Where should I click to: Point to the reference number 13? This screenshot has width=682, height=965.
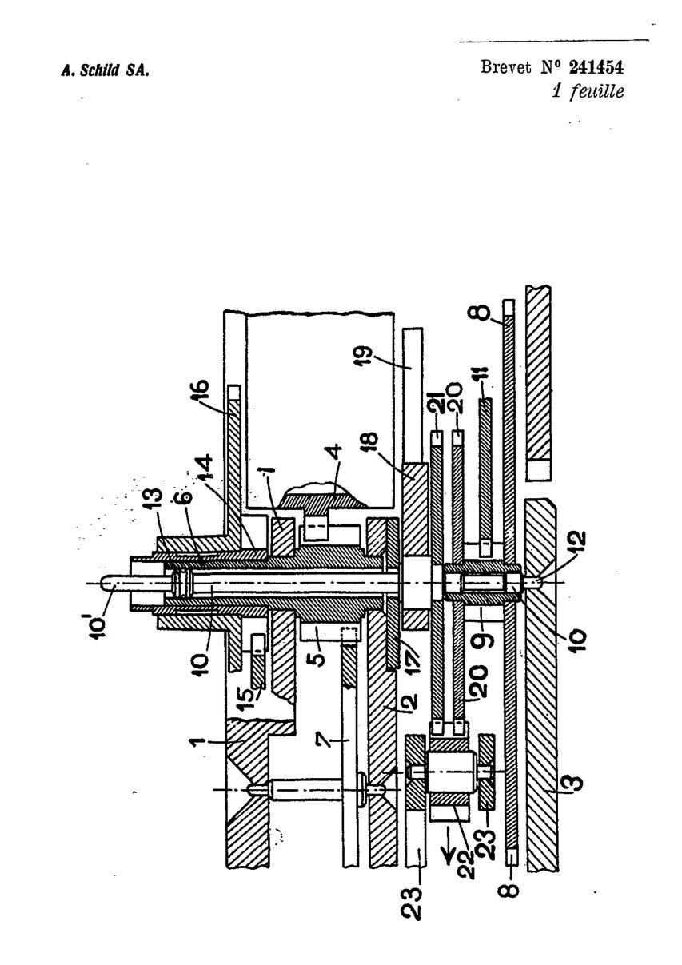click(x=154, y=501)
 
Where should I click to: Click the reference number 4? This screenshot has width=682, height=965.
click(x=334, y=454)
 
